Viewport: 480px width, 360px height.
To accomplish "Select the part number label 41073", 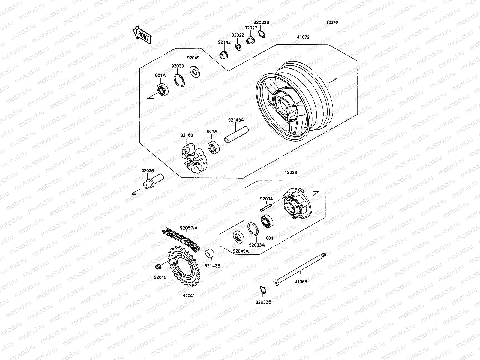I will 303,37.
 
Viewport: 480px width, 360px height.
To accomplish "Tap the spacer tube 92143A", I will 236,136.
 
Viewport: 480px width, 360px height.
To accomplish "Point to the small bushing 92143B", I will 209,254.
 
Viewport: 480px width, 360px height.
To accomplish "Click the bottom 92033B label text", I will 263,302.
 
